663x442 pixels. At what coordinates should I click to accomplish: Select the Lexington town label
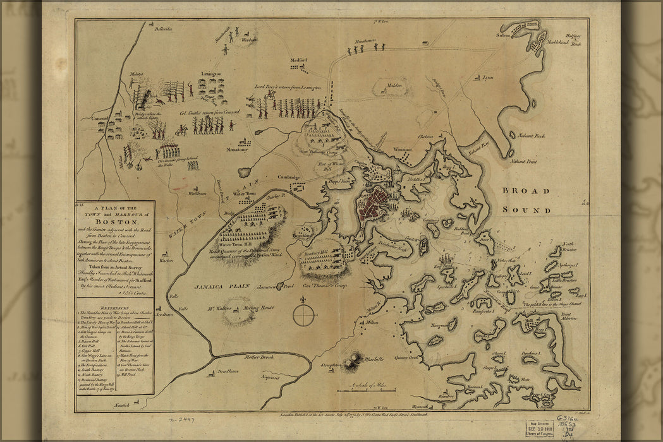tap(212, 74)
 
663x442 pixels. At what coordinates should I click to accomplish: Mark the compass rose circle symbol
tap(303, 315)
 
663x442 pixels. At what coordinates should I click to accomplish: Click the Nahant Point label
tap(523, 162)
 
